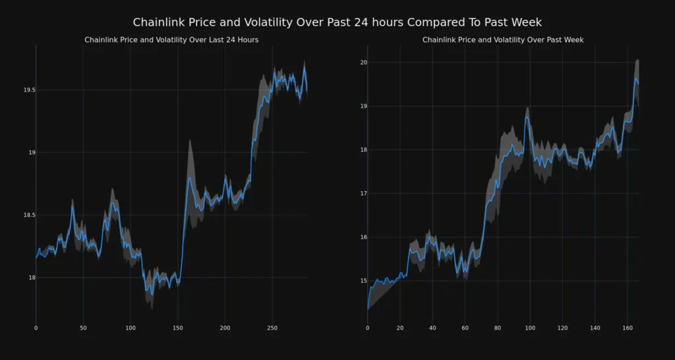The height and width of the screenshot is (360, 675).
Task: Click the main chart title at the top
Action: pyautogui.click(x=337, y=22)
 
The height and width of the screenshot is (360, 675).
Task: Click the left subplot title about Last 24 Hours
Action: pyautogui.click(x=171, y=40)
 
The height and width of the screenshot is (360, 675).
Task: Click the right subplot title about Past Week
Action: pyautogui.click(x=503, y=40)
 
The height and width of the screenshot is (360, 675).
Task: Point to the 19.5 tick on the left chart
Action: pyautogui.click(x=27, y=90)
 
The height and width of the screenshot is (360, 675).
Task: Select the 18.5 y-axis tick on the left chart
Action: pyautogui.click(x=27, y=215)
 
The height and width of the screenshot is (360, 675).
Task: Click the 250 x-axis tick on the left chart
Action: pyautogui.click(x=272, y=328)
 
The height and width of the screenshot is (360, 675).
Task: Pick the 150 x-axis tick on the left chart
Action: pyautogui.click(x=177, y=328)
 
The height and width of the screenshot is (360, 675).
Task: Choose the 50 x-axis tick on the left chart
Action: pyautogui.click(x=83, y=328)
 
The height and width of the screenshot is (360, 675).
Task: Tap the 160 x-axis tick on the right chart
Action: pyautogui.click(x=628, y=328)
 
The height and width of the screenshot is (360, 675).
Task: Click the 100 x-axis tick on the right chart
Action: pyautogui.click(x=530, y=328)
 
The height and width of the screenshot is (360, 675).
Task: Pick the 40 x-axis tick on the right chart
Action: pyautogui.click(x=432, y=328)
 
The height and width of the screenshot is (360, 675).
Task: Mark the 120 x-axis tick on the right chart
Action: pyautogui.click(x=562, y=328)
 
